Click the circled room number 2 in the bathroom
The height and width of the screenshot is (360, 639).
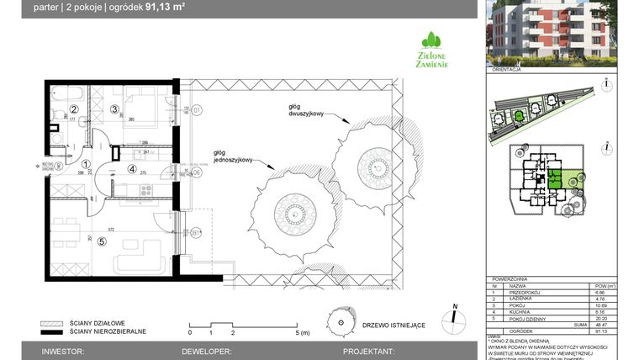pos(73,109)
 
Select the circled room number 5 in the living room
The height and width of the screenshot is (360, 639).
pos(102,242)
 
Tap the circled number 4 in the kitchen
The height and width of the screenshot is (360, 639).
pos(131,168)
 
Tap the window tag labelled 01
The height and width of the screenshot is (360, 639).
pos(198,110)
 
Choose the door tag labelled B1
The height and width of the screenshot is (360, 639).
pos(196,233)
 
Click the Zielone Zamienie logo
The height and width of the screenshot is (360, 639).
pos(433,50)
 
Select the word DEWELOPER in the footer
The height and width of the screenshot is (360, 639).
pos(200,351)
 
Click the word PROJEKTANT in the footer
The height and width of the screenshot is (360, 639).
pos(367,351)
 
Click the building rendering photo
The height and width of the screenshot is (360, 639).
pos(552,33)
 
